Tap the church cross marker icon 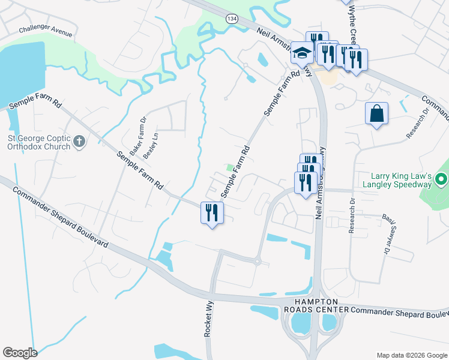pos(79,142)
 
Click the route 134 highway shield pos(232,19)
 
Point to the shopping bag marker pos(376,114)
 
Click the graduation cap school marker pos(302,53)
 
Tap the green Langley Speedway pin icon pos(441,179)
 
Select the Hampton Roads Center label pos(316,305)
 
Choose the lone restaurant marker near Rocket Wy pos(211,213)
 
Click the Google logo pos(20,353)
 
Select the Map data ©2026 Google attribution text pos(412,355)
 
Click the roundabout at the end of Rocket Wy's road pos(257,262)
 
